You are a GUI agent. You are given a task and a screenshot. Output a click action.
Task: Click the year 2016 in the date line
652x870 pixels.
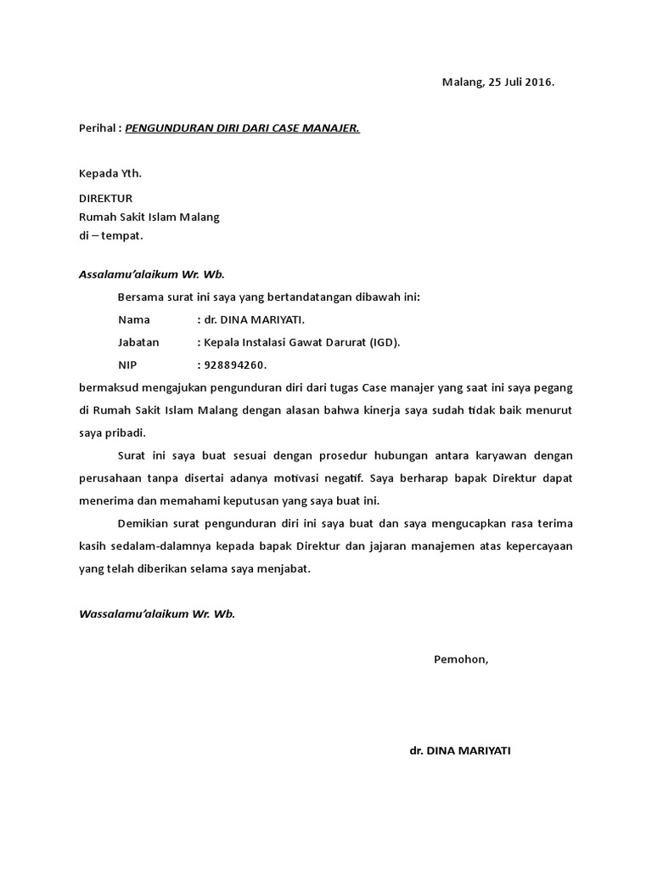537,82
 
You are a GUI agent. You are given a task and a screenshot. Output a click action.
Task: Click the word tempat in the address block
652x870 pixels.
124,235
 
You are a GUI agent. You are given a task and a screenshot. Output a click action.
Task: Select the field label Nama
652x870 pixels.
134,319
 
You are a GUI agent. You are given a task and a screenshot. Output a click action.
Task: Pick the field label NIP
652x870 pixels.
127,365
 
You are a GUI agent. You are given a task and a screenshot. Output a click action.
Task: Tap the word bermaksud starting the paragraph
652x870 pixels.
106,388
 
